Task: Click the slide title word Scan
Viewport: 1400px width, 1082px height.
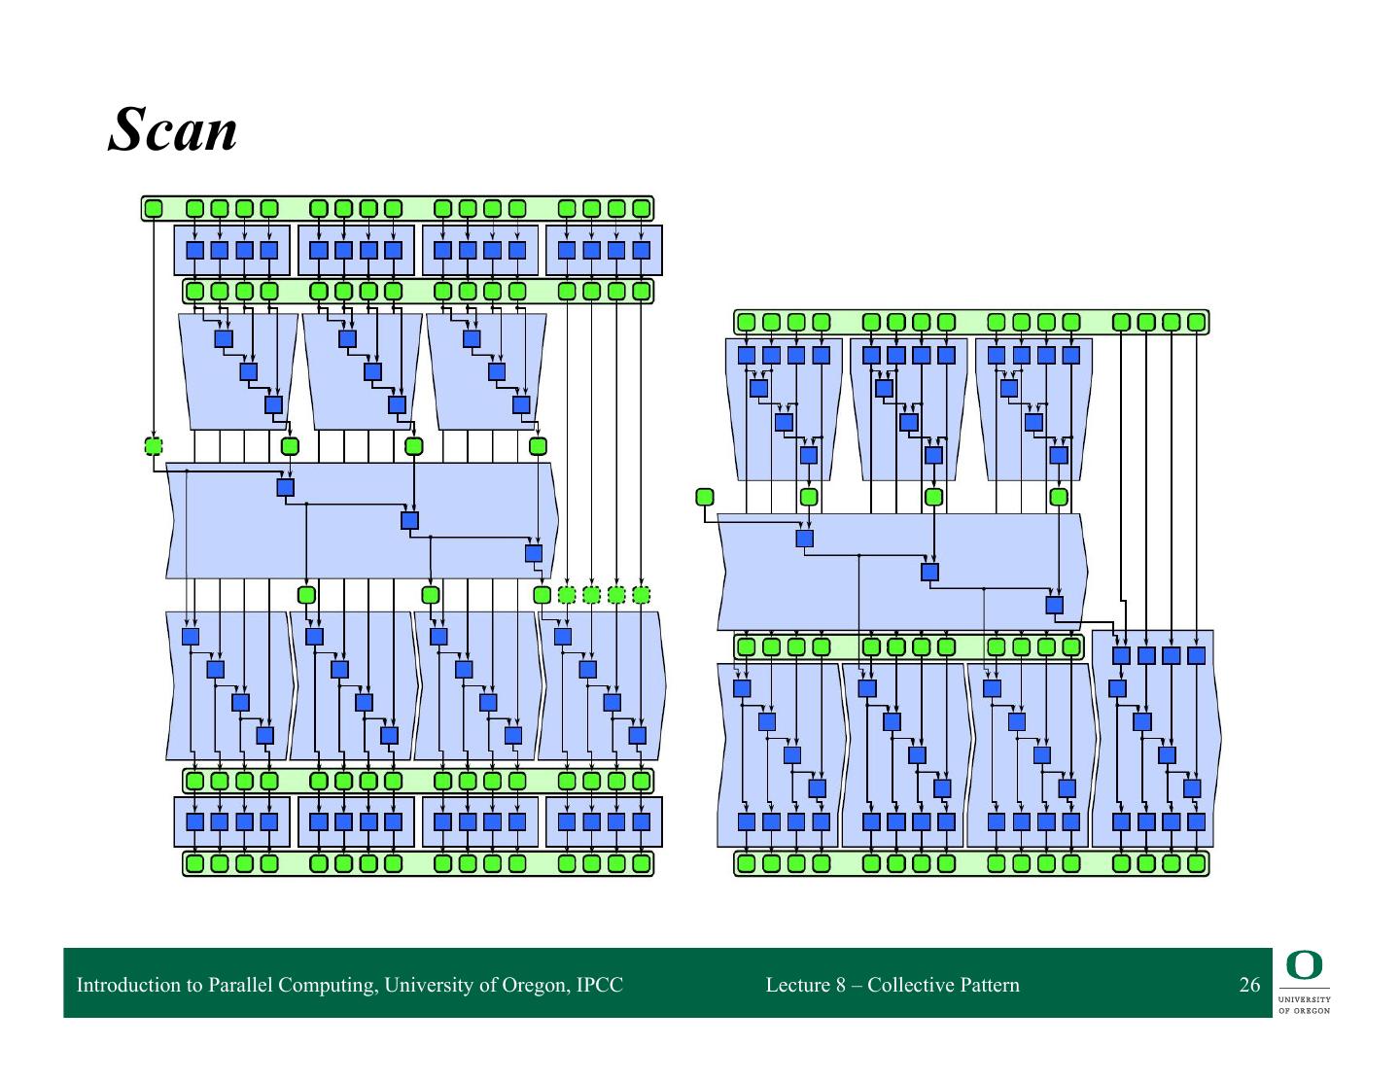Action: tap(173, 129)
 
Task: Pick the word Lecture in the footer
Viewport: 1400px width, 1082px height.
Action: tap(797, 985)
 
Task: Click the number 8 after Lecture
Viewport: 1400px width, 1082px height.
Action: tap(841, 985)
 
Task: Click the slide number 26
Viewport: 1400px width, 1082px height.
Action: tap(1249, 985)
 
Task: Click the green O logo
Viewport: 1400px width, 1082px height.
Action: tap(1305, 966)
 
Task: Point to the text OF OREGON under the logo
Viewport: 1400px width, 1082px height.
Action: tap(1305, 1010)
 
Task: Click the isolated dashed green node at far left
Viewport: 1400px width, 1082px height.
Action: tap(154, 446)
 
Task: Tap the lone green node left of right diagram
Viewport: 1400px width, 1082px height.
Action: tap(705, 497)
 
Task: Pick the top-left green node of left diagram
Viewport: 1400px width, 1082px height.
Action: tap(154, 208)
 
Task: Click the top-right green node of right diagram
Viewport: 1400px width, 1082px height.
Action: tap(1196, 322)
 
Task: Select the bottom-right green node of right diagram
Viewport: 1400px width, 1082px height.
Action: tap(1196, 863)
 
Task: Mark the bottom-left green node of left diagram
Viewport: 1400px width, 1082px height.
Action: tap(194, 863)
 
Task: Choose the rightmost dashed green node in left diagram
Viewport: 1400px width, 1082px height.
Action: tap(641, 595)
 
